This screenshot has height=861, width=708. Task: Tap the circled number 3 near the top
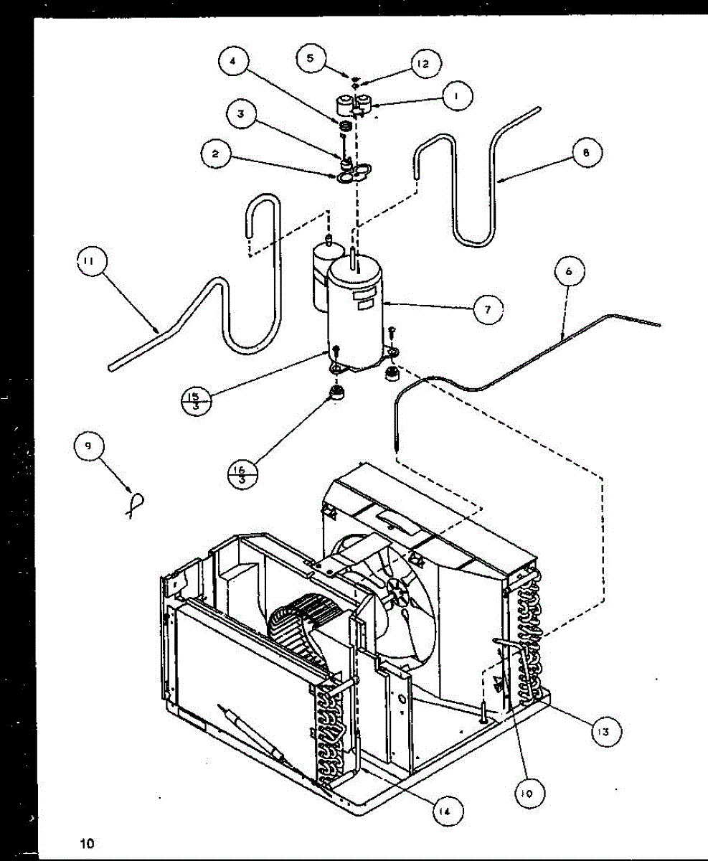pyautogui.click(x=242, y=115)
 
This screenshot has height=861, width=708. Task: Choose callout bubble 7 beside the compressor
pyautogui.click(x=488, y=309)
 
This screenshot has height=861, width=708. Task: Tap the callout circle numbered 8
pyautogui.click(x=587, y=153)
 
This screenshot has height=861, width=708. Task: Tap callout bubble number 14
pyautogui.click(x=447, y=811)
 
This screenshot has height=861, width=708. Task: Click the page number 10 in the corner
pyautogui.click(x=88, y=842)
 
